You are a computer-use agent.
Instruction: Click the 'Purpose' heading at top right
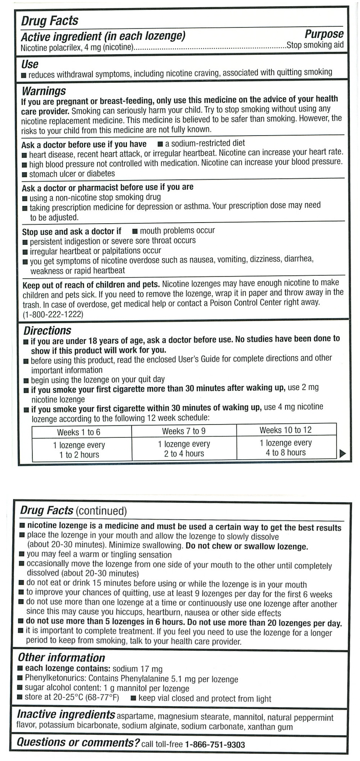pos(324,34)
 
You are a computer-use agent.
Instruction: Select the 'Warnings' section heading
pos(44,91)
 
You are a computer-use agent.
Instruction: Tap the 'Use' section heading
pos(30,64)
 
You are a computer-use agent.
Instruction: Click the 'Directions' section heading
pos(47,331)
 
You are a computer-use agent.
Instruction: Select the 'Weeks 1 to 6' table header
pos(79,432)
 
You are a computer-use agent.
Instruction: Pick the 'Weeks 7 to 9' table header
pos(184,431)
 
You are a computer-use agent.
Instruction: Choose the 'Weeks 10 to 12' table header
pos(285,430)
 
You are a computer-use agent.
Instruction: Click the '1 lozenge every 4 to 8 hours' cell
pos(285,447)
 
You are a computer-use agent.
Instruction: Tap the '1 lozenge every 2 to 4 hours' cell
pos(184,448)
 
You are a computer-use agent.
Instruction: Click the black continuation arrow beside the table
pos(342,453)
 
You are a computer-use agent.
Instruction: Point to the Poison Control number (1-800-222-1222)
pos(53,315)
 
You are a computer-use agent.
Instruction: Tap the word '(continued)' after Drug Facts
pos(101,511)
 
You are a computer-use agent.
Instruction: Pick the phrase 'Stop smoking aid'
pos(315,45)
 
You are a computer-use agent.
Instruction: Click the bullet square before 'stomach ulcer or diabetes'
pos(25,174)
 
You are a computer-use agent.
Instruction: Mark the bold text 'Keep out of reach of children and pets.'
pos(91,284)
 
